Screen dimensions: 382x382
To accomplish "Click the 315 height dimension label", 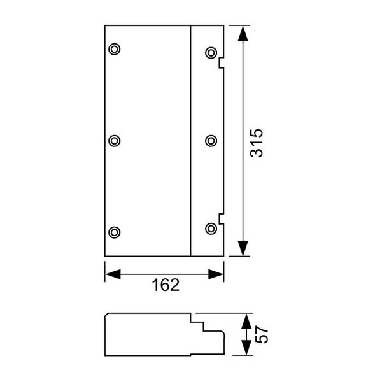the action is pos(257,143).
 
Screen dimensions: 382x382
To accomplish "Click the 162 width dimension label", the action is pos(166,285).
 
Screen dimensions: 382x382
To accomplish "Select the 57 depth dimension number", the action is pos(262,334).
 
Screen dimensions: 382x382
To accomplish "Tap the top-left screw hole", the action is pos(114,49).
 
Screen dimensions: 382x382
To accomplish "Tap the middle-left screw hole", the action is pos(114,141).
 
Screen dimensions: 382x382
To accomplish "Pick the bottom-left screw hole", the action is pos(114,232).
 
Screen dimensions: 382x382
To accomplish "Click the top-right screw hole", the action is pos(211,53).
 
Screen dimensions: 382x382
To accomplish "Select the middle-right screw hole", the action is pos(211,141).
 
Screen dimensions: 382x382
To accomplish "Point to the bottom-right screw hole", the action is pos(211,229).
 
